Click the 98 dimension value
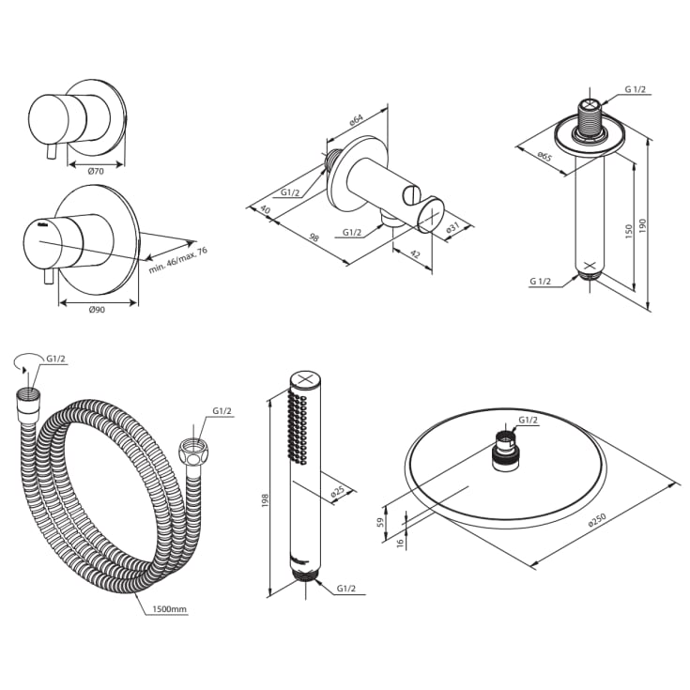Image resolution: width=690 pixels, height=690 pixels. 314,238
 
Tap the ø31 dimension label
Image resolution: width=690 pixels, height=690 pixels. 452,228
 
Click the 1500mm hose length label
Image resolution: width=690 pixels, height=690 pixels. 170,609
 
